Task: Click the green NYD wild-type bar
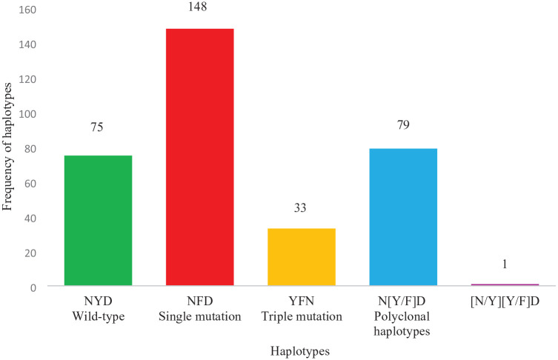[99, 220]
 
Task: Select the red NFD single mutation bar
[199, 157]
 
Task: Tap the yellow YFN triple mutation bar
[302, 257]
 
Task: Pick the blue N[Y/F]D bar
[403, 217]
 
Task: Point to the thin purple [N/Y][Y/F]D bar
[505, 284]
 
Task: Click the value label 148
[198, 7]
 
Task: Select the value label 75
[97, 127]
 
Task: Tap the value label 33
[300, 207]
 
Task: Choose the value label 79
[403, 125]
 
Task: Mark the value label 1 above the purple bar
[505, 264]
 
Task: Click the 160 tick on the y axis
[27, 10]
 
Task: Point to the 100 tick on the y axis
[27, 114]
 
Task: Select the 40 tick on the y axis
[30, 219]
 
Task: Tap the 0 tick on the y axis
[33, 288]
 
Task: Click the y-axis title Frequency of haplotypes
[7, 147]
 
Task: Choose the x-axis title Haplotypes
[300, 351]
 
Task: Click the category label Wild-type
[99, 316]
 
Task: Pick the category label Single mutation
[199, 316]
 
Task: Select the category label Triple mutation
[302, 316]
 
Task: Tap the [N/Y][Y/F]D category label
[505, 301]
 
